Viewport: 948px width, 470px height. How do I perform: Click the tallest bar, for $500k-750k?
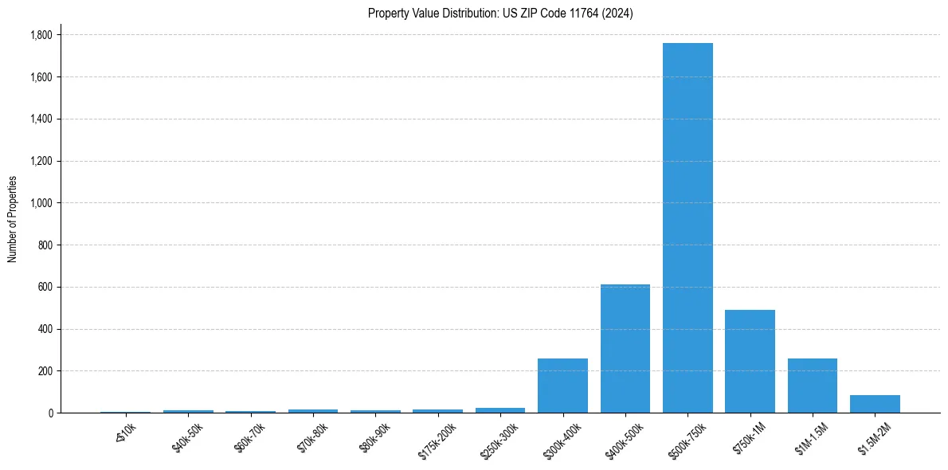click(x=687, y=228)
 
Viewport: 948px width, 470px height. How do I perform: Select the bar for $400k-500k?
click(x=625, y=348)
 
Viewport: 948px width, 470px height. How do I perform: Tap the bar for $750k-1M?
click(x=750, y=361)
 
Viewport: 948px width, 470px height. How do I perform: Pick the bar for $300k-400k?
click(x=562, y=386)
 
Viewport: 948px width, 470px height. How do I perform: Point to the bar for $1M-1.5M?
click(x=813, y=386)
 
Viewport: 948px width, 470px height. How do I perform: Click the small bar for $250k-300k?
click(x=500, y=410)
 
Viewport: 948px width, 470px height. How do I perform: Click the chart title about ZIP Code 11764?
click(x=500, y=14)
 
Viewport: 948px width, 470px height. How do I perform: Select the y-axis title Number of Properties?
click(x=13, y=219)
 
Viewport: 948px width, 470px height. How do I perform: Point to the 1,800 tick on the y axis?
click(x=41, y=35)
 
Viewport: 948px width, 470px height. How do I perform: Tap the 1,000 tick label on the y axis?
click(x=41, y=203)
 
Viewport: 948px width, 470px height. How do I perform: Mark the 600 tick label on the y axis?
click(x=46, y=287)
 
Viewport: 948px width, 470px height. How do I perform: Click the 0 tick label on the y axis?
click(x=51, y=413)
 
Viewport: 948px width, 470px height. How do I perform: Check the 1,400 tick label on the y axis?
click(x=41, y=119)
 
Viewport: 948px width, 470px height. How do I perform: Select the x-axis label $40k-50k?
click(x=186, y=437)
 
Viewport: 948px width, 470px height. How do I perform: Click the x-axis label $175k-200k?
click(x=437, y=440)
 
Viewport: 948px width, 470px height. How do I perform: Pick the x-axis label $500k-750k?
click(x=687, y=440)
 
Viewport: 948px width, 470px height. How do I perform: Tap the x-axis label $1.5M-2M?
click(x=875, y=439)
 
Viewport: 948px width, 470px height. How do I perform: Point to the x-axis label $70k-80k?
click(x=311, y=437)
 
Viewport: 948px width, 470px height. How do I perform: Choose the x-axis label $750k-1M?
click(x=750, y=438)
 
